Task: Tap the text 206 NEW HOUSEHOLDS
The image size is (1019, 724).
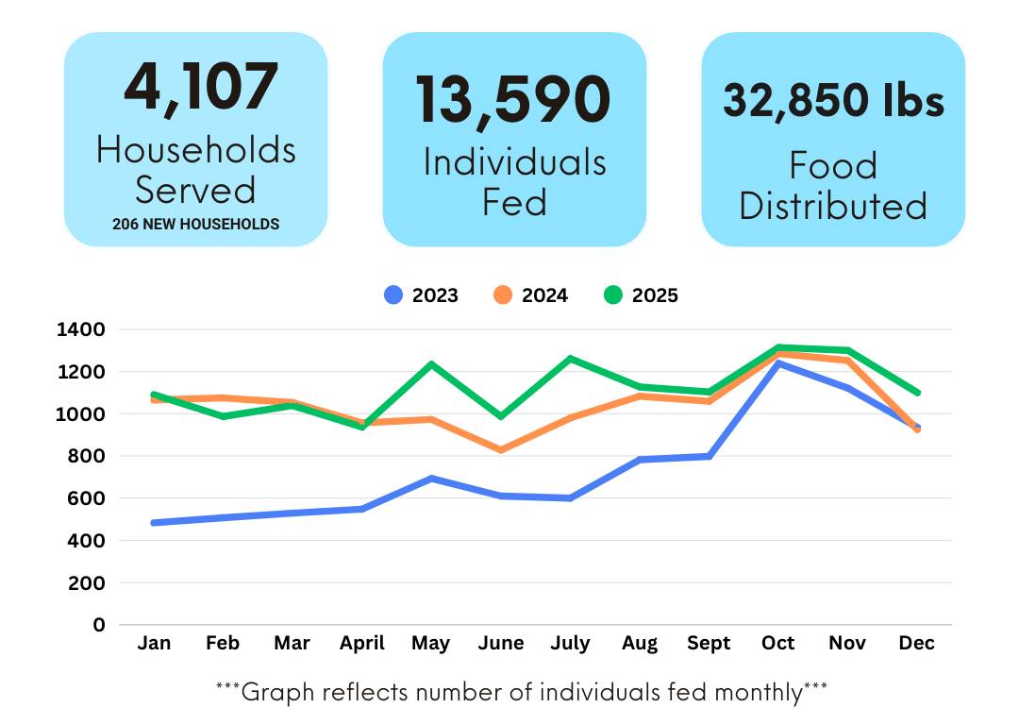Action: pyautogui.click(x=195, y=225)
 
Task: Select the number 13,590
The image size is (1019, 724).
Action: pyautogui.click(x=514, y=99)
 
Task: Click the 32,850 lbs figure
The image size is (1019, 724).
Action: pyautogui.click(x=833, y=100)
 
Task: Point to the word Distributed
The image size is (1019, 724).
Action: pyautogui.click(x=833, y=207)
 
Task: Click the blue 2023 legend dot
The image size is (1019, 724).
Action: pyautogui.click(x=393, y=295)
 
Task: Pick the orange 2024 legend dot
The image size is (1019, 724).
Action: pyautogui.click(x=503, y=295)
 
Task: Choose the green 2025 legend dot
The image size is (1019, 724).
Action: pyautogui.click(x=613, y=295)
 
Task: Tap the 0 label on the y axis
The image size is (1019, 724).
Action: pyautogui.click(x=99, y=625)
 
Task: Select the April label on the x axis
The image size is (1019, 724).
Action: pyautogui.click(x=361, y=644)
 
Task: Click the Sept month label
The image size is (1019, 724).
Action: pyautogui.click(x=709, y=644)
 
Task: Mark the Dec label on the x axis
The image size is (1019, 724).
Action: pyautogui.click(x=916, y=644)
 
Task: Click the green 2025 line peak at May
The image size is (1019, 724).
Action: pyautogui.click(x=431, y=364)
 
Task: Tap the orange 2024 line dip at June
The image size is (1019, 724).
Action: pyautogui.click(x=500, y=450)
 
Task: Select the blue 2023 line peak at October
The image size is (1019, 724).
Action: pyautogui.click(x=778, y=363)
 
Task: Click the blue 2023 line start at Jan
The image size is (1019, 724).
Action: pyautogui.click(x=154, y=522)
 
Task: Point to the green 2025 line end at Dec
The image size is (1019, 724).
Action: pyautogui.click(x=916, y=393)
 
